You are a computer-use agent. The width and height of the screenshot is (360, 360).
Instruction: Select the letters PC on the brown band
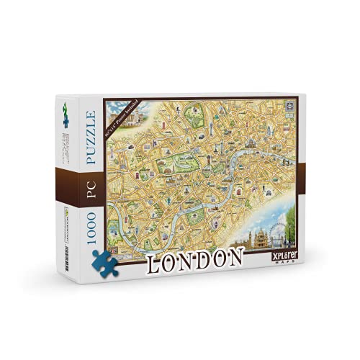pos(91,180)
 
